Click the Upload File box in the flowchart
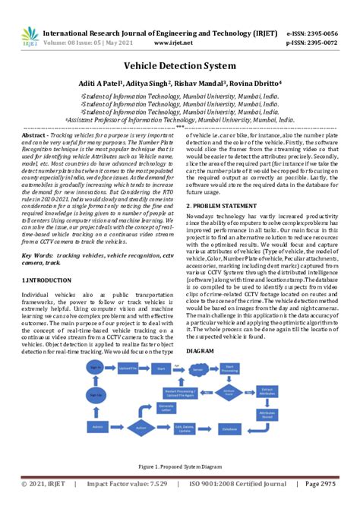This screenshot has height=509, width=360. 127,367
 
